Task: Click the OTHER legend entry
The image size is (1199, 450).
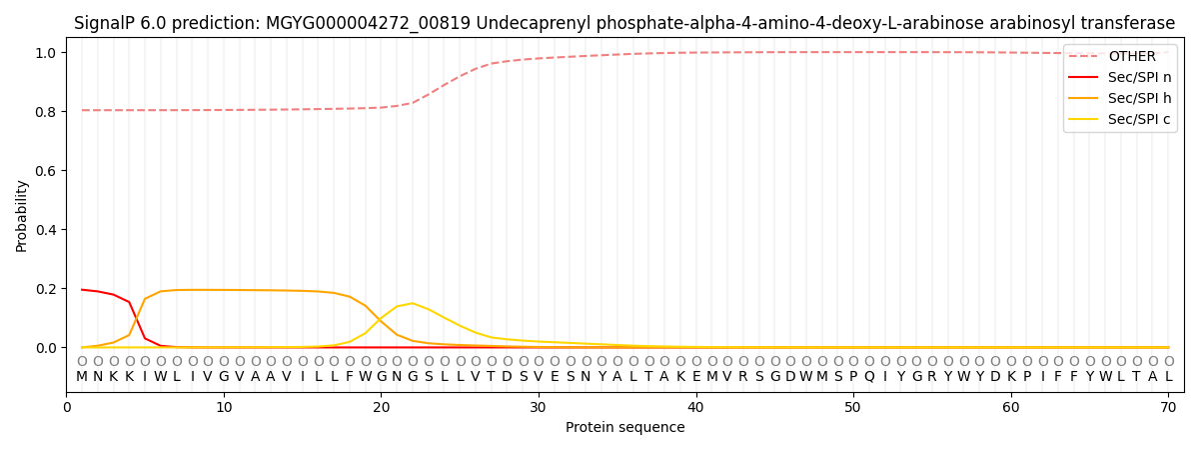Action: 1131,57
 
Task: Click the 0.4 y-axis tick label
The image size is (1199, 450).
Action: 46,230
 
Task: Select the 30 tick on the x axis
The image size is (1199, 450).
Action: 539,408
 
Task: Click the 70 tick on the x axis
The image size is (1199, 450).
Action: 1168,408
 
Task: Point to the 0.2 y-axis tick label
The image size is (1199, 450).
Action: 46,289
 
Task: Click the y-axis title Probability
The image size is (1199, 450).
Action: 21,215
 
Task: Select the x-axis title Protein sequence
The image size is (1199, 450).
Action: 625,428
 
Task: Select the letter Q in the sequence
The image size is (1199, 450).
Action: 869,377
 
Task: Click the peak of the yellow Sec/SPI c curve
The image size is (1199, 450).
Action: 412,303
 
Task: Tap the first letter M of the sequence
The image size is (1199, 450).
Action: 82,377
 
